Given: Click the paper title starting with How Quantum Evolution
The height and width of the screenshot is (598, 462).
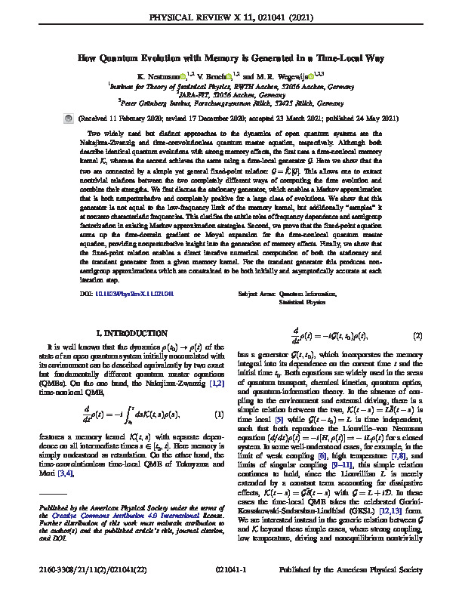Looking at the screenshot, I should coord(231,57).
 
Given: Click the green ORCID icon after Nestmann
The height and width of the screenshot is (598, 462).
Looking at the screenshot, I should coord(183,77).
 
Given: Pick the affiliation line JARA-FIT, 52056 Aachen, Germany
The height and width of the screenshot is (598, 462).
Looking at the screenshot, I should coord(231,95).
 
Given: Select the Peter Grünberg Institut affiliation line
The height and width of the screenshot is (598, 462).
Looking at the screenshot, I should coord(231,103).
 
